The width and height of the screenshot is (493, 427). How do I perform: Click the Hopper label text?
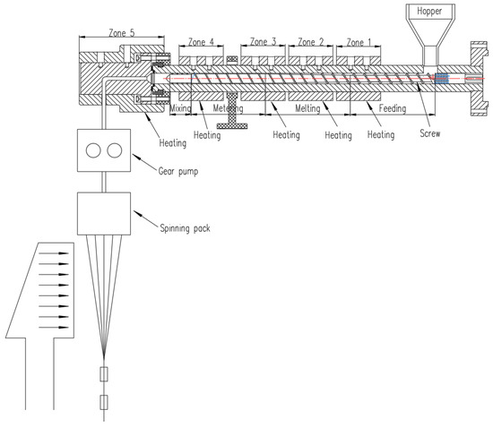point(429,12)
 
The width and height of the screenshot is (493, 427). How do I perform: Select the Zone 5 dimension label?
point(121,32)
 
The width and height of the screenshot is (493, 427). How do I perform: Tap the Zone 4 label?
point(201,42)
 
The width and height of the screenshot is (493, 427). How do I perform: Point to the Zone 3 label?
point(263,41)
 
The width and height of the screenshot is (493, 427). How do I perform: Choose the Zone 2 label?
point(311,42)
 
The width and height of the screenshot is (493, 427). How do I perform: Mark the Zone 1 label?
point(359,42)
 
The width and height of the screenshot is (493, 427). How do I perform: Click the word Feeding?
point(393,108)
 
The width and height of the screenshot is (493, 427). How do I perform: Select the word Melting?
point(307,108)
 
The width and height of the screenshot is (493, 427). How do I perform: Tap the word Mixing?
point(180,108)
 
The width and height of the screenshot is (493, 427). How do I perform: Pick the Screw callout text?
point(429,133)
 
